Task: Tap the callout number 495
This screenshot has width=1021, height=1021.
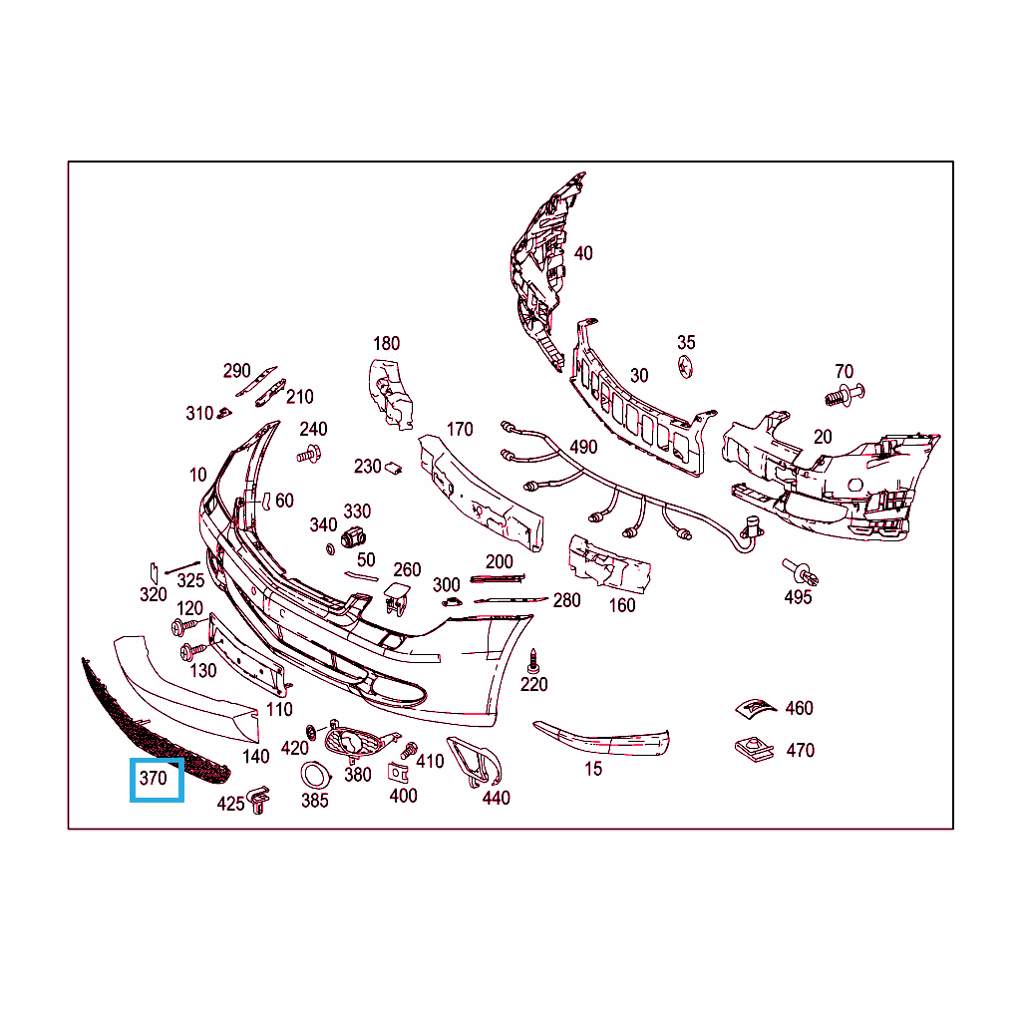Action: pyautogui.click(x=798, y=597)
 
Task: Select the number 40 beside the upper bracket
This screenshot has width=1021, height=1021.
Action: pyautogui.click(x=583, y=253)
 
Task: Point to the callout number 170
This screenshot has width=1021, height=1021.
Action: pyautogui.click(x=460, y=430)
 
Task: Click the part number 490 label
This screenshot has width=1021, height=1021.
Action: pyautogui.click(x=583, y=447)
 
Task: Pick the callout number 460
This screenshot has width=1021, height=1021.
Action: pyautogui.click(x=799, y=708)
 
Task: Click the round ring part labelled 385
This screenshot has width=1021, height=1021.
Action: pyautogui.click(x=314, y=775)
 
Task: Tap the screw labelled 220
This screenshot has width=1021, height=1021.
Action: pyautogui.click(x=534, y=658)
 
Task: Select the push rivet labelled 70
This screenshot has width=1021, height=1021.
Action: pyautogui.click(x=844, y=394)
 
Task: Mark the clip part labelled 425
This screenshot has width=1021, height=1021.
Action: pyautogui.click(x=259, y=799)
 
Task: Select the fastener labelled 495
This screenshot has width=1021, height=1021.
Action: pyautogui.click(x=801, y=572)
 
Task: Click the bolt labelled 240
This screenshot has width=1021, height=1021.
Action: pyautogui.click(x=308, y=455)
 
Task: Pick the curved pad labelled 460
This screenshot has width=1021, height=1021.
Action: pyautogui.click(x=754, y=706)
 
